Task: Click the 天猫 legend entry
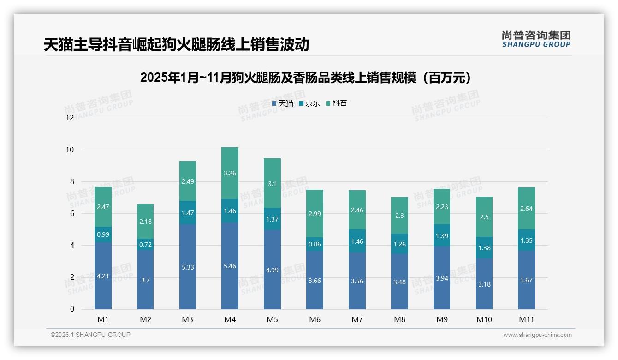[x=283, y=103]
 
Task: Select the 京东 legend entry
[x=309, y=103]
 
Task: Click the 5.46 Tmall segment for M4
[x=230, y=266]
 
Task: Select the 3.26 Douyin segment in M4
[x=230, y=173]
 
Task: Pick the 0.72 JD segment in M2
[x=145, y=244]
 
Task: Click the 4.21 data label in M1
[x=103, y=276]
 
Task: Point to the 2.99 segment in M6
[x=315, y=213]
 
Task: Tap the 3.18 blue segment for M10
[x=484, y=284]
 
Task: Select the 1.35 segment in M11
[x=526, y=240]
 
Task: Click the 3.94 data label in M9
[x=442, y=278]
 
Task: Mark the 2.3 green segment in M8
[x=399, y=215]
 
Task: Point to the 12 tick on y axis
[x=70, y=118]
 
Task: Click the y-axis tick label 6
[x=71, y=213]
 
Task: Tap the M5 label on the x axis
[x=272, y=319]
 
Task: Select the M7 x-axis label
[x=357, y=319]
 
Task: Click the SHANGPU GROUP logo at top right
[x=536, y=39]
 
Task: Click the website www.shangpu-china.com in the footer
[x=537, y=335]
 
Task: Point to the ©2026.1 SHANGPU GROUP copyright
[x=90, y=335]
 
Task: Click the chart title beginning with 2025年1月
[x=308, y=78]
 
